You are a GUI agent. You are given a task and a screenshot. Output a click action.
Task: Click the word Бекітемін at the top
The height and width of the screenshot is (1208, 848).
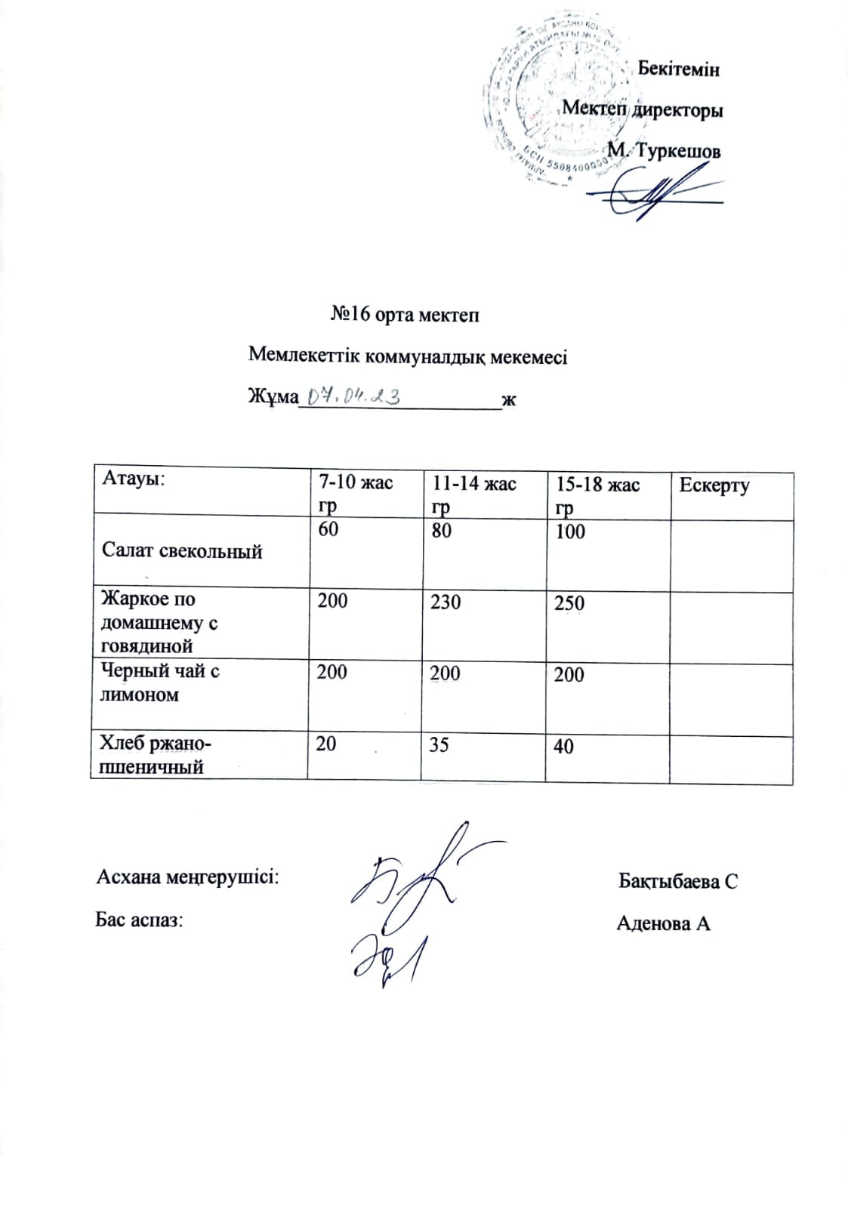[x=678, y=69]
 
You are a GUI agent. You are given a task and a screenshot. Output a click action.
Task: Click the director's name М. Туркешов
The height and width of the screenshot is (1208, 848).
[x=664, y=151]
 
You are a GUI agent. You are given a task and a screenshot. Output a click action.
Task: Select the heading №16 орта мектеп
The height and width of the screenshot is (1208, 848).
[x=405, y=315]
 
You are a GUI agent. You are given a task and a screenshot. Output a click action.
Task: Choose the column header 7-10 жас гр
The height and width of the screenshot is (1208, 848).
[x=356, y=493]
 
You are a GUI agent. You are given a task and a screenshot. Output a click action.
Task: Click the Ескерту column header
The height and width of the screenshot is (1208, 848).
[x=714, y=485]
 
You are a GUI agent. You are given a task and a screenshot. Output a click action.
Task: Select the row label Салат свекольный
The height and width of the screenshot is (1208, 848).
[x=182, y=551]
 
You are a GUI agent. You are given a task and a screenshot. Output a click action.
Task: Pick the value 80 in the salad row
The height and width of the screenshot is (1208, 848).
[x=441, y=530]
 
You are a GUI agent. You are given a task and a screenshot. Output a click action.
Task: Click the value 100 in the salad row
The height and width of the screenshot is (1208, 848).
[x=570, y=532]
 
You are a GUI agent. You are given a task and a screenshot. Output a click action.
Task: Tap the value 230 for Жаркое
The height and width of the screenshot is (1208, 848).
[x=446, y=602]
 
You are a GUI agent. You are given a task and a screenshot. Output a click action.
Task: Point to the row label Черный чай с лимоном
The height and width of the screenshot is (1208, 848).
[x=159, y=683]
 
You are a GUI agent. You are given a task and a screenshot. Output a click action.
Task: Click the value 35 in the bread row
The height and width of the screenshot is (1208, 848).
[x=439, y=745]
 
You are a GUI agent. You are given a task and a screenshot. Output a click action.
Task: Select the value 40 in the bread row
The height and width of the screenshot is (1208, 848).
[x=563, y=747]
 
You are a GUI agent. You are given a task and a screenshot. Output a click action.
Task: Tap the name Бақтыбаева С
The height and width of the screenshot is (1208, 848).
[x=677, y=881]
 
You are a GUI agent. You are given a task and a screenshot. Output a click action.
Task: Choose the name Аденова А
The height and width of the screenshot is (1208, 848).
[x=663, y=923]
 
